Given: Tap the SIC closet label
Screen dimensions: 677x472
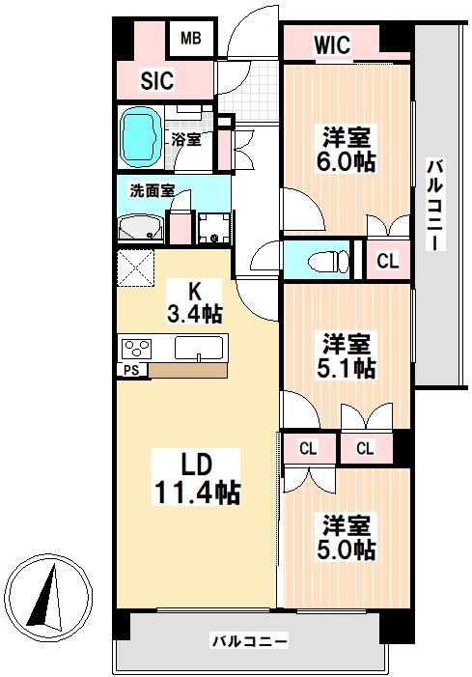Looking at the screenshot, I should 156,81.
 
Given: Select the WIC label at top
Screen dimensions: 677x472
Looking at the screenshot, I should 331,43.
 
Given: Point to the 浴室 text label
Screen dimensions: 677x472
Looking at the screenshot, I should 186,139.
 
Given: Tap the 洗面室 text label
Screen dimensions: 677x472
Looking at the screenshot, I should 152,190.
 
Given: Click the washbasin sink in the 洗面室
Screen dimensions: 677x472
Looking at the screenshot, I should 141,228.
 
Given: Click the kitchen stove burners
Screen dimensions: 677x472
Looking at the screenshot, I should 134,347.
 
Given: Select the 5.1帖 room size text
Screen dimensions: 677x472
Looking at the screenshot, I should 347,367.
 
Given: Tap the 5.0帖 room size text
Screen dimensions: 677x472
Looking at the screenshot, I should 347,549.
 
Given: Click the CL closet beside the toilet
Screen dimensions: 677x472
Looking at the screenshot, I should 387,260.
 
